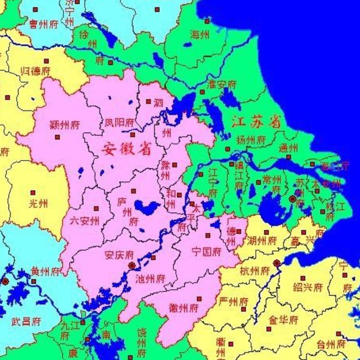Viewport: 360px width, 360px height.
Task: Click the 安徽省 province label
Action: (126, 149)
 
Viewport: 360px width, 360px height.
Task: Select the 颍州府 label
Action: (64, 125)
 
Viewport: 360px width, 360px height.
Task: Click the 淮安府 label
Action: (221, 85)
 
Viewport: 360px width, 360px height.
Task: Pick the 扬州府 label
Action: (251, 140)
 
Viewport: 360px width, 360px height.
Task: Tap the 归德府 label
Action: (36, 72)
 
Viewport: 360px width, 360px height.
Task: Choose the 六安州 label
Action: (84, 220)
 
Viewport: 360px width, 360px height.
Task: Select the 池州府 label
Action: (150, 278)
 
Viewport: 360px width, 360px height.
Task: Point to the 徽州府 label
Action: (183, 308)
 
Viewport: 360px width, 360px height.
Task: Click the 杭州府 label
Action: (255, 271)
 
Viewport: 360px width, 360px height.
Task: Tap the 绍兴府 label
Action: (308, 288)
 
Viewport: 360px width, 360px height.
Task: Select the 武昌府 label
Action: (26, 321)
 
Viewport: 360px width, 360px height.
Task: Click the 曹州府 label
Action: (44, 24)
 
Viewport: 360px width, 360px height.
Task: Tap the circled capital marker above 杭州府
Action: (276, 263)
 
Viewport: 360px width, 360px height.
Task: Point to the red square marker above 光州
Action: (33, 193)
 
